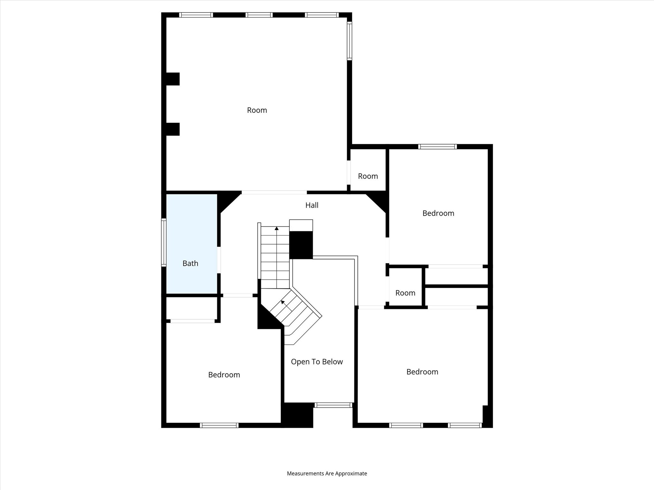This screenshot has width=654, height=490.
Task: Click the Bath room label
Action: tap(190, 263)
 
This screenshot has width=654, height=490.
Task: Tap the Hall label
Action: tap(312, 205)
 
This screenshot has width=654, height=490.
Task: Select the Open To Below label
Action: tap(317, 361)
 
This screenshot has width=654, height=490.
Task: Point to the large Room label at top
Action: tap(257, 110)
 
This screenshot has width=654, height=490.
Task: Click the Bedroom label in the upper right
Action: tap(438, 213)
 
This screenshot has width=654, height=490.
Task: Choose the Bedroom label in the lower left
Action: tap(224, 375)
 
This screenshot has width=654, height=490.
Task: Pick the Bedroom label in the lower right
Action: tap(422, 372)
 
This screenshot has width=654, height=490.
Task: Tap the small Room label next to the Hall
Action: tap(368, 176)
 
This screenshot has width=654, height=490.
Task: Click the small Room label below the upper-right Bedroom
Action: tap(405, 293)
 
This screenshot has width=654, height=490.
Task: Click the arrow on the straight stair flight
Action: tap(277, 229)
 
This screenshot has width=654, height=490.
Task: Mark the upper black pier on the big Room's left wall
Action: tap(173, 79)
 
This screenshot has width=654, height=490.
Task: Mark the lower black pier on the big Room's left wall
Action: tap(173, 129)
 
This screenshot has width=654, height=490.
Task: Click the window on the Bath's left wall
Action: tap(163, 242)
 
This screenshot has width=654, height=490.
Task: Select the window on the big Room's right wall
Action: tap(349, 41)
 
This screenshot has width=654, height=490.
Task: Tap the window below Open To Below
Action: tap(333, 405)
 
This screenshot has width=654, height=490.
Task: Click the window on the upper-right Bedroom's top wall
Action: tap(437, 147)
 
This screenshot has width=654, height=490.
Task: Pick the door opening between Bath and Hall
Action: tap(219, 260)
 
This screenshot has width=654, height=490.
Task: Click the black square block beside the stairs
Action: tap(301, 245)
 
